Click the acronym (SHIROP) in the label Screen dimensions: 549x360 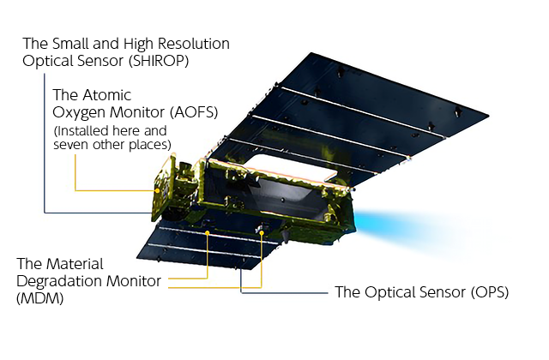tap(159, 61)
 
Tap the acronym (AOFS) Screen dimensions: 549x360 tap(194, 112)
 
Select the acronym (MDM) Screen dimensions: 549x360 tap(40, 298)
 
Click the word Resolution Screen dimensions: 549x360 tap(194, 44)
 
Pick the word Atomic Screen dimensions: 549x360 tap(107, 95)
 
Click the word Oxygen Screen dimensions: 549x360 tap(79, 113)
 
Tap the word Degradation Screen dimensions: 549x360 tap(59, 281)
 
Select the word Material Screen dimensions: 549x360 tap(75, 264)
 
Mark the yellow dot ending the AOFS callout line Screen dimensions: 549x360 tap(158, 190)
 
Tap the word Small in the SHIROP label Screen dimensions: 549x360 tap(67, 44)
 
